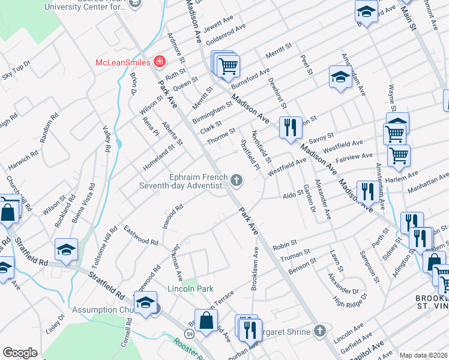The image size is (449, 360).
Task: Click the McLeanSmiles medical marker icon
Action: click(159, 61)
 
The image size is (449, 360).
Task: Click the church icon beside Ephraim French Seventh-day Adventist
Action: click(237, 179)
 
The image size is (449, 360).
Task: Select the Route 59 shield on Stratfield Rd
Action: click(188, 333)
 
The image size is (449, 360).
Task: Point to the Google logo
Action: click(20, 352)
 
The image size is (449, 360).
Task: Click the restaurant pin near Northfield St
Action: click(291, 127)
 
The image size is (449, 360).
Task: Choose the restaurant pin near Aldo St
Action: click(368, 191)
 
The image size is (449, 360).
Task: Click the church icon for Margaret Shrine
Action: click(321, 331)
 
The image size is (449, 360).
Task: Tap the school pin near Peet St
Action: click(340, 77)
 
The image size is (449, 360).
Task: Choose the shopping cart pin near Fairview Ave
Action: click(398, 155)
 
